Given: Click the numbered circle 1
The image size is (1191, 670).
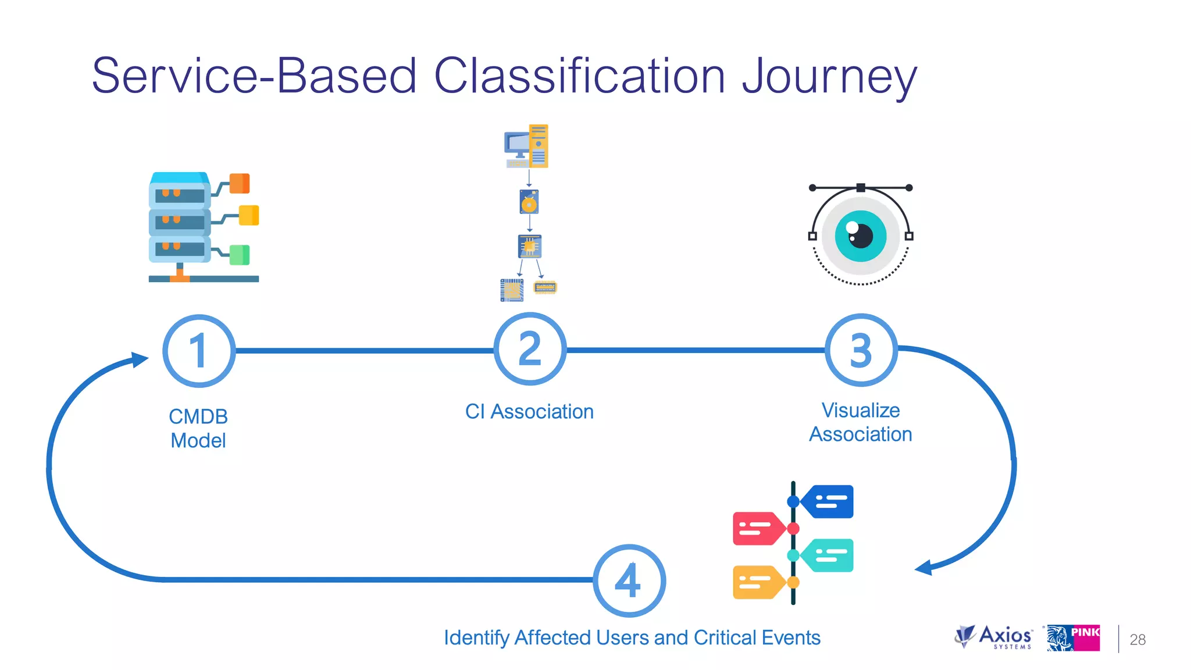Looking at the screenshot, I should pyautogui.click(x=199, y=351).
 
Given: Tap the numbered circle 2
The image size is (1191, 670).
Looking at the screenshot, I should pyautogui.click(x=530, y=349).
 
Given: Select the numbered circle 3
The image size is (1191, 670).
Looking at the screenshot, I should pyautogui.click(x=861, y=350).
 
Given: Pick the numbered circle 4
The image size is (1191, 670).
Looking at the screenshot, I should pyautogui.click(x=629, y=580).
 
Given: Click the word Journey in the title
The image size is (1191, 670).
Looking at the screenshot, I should pyautogui.click(x=829, y=77).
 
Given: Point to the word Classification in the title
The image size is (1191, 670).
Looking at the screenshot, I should pyautogui.click(x=580, y=76).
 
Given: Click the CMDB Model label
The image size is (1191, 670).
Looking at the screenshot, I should pyautogui.click(x=198, y=429).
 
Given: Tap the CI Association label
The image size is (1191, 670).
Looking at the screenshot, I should pyautogui.click(x=529, y=412).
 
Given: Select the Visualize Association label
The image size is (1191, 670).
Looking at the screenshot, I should pyautogui.click(x=861, y=422).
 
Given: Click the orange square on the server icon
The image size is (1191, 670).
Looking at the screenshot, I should pyautogui.click(x=240, y=183).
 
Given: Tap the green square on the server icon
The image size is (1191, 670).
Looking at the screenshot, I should pyautogui.click(x=240, y=255).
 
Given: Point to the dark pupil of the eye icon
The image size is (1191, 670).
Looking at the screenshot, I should pyautogui.click(x=862, y=236).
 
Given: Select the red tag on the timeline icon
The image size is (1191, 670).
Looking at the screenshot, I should pyautogui.click(x=756, y=528).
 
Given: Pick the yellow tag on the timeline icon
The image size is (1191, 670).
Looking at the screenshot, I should pyautogui.click(x=756, y=582).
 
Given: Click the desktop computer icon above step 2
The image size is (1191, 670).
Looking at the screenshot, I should pyautogui.click(x=526, y=147).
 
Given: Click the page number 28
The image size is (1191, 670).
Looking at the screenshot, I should pyautogui.click(x=1137, y=640).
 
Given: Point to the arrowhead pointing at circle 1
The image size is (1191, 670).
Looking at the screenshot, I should pyautogui.click(x=140, y=359).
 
